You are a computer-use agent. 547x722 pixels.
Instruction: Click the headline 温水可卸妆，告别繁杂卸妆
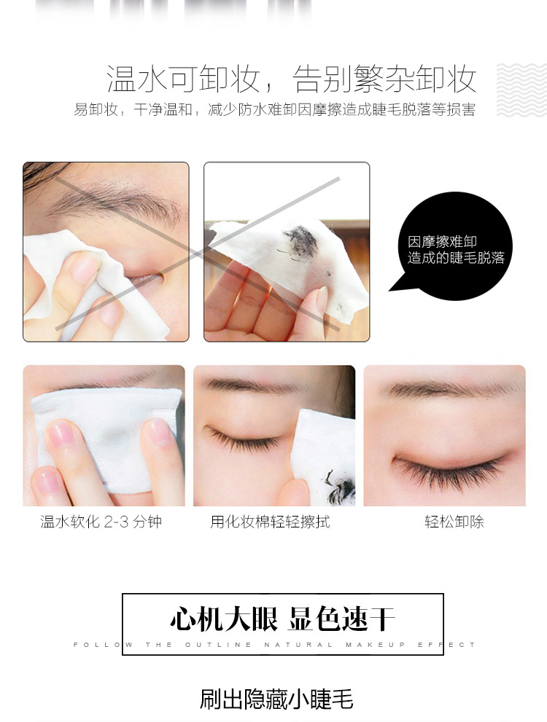click(291, 79)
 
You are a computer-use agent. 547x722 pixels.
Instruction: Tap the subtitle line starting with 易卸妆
click(274, 110)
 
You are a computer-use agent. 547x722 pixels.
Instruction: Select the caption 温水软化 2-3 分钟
click(101, 522)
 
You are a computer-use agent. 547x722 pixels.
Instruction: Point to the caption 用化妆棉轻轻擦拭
click(270, 522)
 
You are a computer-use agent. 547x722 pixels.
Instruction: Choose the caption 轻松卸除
click(454, 522)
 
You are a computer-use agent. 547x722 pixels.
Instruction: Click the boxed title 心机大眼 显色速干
click(282, 619)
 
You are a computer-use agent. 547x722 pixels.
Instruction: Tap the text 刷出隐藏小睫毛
click(276, 699)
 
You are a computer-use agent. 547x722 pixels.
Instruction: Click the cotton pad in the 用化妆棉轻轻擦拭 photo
click(321, 452)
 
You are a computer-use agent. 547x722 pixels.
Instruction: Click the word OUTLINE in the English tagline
click(217, 645)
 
